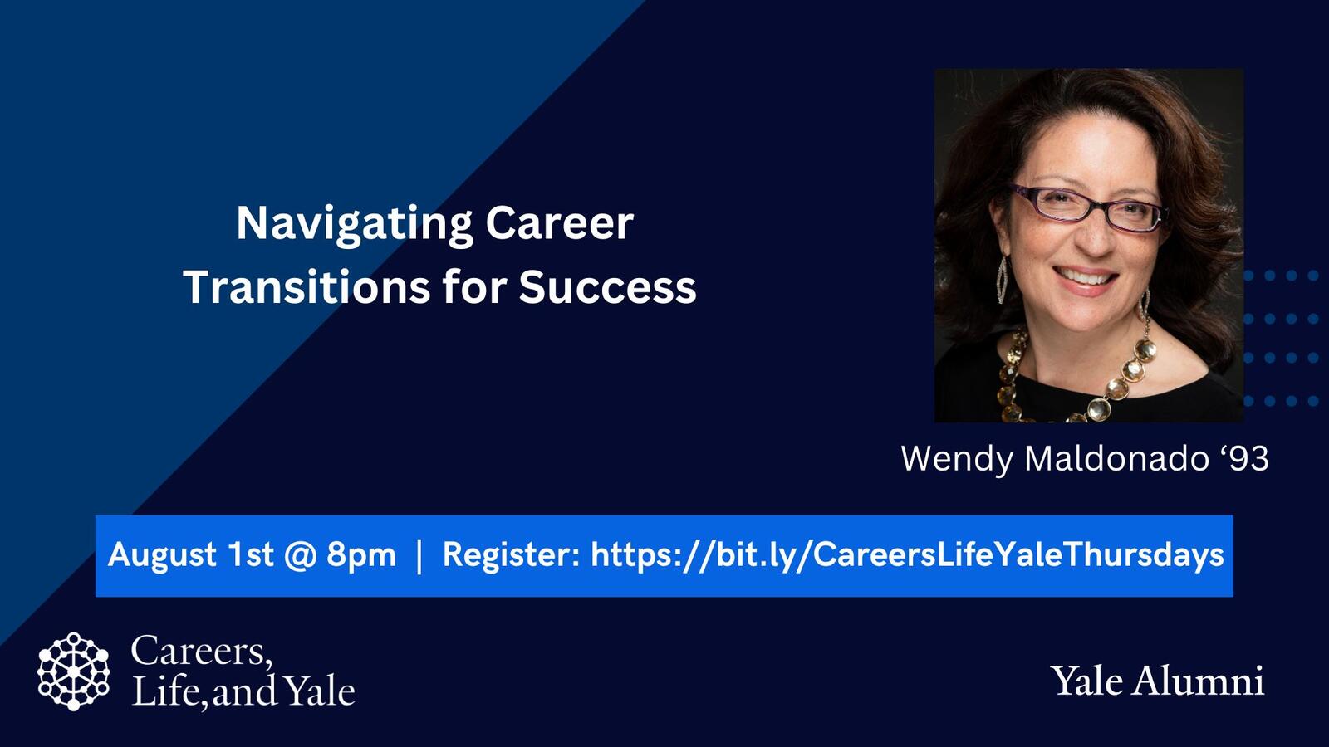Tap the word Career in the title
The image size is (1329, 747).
coord(559,224)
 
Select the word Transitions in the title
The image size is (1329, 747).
coord(304,287)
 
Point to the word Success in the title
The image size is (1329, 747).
coord(607,287)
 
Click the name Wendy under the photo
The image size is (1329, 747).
coord(957,458)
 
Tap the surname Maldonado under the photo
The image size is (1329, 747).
coord(1116,458)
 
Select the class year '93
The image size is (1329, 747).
coord(1243,458)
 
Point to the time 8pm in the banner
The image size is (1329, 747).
coord(361,554)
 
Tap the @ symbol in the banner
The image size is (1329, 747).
coord(300,554)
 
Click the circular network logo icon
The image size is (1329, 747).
coord(73,671)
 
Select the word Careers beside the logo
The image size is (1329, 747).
coord(201,651)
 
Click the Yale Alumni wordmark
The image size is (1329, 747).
coord(1157,681)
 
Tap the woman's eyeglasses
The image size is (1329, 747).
coord(1088,207)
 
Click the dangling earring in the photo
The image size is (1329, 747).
coord(1002,279)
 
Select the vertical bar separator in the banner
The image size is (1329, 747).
coord(419,554)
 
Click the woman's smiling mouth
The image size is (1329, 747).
coord(1085,277)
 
